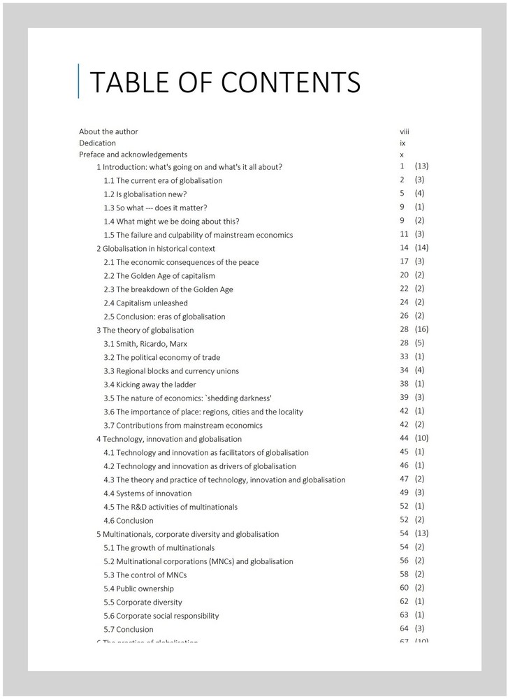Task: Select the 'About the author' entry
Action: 108,131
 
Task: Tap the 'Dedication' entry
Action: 97,143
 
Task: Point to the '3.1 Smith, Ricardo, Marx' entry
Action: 145,344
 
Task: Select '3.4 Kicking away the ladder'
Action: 150,384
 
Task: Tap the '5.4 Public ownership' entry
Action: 139,589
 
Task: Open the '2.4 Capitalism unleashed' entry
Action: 145,303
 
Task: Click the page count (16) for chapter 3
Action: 421,329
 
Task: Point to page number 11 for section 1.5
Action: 404,234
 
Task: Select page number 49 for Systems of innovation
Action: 404,493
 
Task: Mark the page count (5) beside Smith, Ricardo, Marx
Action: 419,343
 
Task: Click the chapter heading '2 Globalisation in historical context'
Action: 156,248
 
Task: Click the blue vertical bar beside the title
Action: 79,81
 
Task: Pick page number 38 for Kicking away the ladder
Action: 404,384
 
